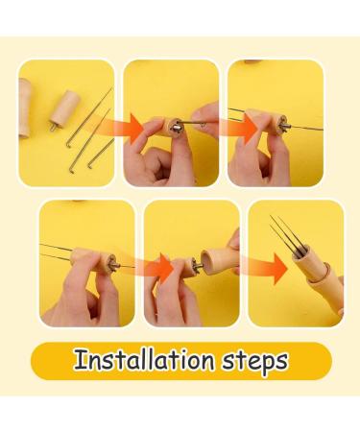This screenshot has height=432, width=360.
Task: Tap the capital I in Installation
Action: pyautogui.click(x=79, y=361)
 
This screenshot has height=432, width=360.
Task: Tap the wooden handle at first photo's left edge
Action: pyautogui.click(x=25, y=106)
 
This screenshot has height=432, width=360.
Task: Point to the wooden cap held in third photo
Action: pyautogui.click(x=273, y=124)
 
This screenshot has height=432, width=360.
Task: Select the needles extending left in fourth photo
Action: pyautogui.click(x=62, y=252)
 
